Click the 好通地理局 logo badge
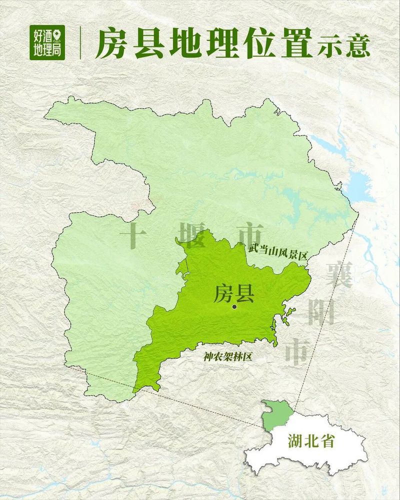pos(47,42)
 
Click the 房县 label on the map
pos(234,294)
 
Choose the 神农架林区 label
pos(227,357)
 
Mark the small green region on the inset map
pos(277,415)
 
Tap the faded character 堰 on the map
pos(191,236)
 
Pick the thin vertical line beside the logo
pos(80,43)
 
